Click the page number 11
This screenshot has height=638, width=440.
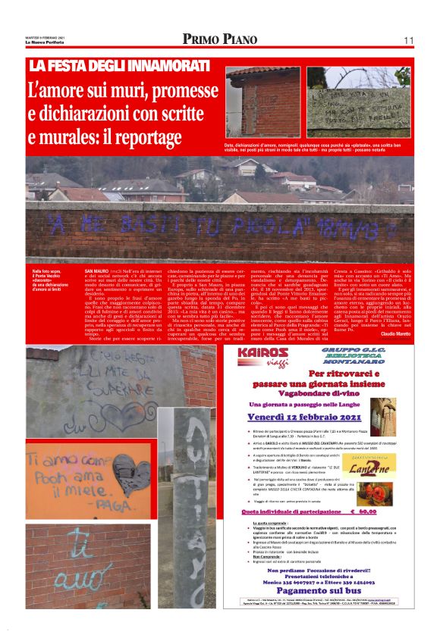click(409, 40)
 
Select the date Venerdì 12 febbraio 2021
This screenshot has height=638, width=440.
click(312, 415)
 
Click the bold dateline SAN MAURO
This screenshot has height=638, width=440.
click(96, 271)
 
